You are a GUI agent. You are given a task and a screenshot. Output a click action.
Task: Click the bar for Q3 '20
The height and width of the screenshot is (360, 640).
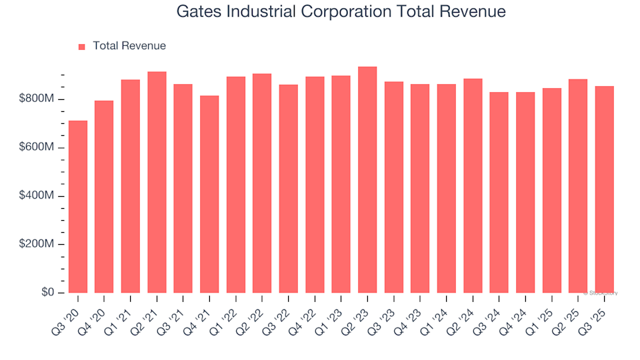(78, 207)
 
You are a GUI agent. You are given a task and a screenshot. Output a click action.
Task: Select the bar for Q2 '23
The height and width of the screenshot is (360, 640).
(367, 180)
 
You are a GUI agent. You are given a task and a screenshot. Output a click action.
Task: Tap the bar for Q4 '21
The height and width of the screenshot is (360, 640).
(209, 194)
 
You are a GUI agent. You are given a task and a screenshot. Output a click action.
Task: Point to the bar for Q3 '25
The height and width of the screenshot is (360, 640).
(604, 189)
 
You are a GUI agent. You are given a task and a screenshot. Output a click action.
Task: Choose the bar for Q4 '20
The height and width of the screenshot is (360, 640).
(104, 197)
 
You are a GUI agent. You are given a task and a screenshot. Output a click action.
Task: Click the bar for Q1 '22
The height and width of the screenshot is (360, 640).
(236, 185)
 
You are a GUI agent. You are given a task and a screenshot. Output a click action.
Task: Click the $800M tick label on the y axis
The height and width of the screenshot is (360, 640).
(37, 99)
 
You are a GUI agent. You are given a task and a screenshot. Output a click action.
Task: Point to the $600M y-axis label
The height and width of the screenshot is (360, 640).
(37, 147)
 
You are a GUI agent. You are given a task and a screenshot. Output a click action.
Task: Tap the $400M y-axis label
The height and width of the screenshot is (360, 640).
(37, 196)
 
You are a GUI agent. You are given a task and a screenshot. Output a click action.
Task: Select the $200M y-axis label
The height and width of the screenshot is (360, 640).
(37, 245)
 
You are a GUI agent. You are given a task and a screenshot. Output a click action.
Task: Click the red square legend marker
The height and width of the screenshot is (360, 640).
(82, 47)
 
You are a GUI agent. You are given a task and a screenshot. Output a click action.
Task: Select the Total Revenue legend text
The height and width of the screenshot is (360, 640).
(129, 46)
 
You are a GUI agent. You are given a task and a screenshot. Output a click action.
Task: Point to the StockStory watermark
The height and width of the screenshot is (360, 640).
(601, 293)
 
